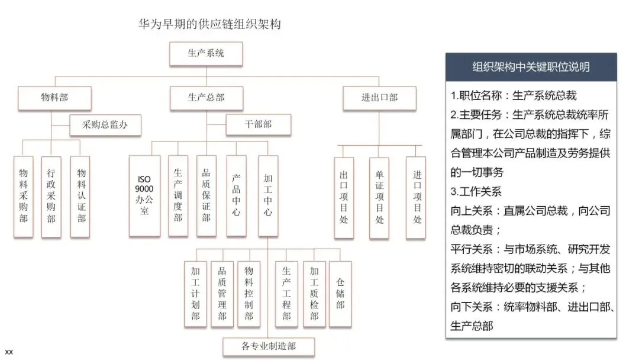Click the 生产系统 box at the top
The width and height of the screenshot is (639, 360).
[x=206, y=54]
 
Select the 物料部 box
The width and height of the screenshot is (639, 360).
[x=54, y=98]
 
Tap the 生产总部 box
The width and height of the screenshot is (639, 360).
[x=206, y=98]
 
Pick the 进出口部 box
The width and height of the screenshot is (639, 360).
[x=379, y=98]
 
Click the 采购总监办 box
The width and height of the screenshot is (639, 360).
[x=105, y=125]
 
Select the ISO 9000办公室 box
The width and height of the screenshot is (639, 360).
[x=145, y=195]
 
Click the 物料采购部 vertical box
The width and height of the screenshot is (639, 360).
[x=24, y=196]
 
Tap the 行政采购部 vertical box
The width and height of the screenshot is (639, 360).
[x=51, y=196]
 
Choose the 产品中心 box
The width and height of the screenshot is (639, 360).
[x=236, y=195]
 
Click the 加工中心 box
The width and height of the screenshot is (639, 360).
[x=268, y=195]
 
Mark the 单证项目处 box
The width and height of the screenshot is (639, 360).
[x=379, y=198]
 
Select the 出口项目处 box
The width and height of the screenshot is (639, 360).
[x=344, y=198]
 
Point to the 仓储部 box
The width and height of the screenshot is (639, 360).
[x=340, y=293]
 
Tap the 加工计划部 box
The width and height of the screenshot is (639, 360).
[x=195, y=293]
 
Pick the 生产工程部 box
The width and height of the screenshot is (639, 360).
[x=286, y=293]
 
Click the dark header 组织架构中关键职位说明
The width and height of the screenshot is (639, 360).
[x=531, y=67]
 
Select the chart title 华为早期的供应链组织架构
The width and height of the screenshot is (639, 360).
[x=209, y=24]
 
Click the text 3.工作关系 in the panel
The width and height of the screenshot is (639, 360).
[x=476, y=192]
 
